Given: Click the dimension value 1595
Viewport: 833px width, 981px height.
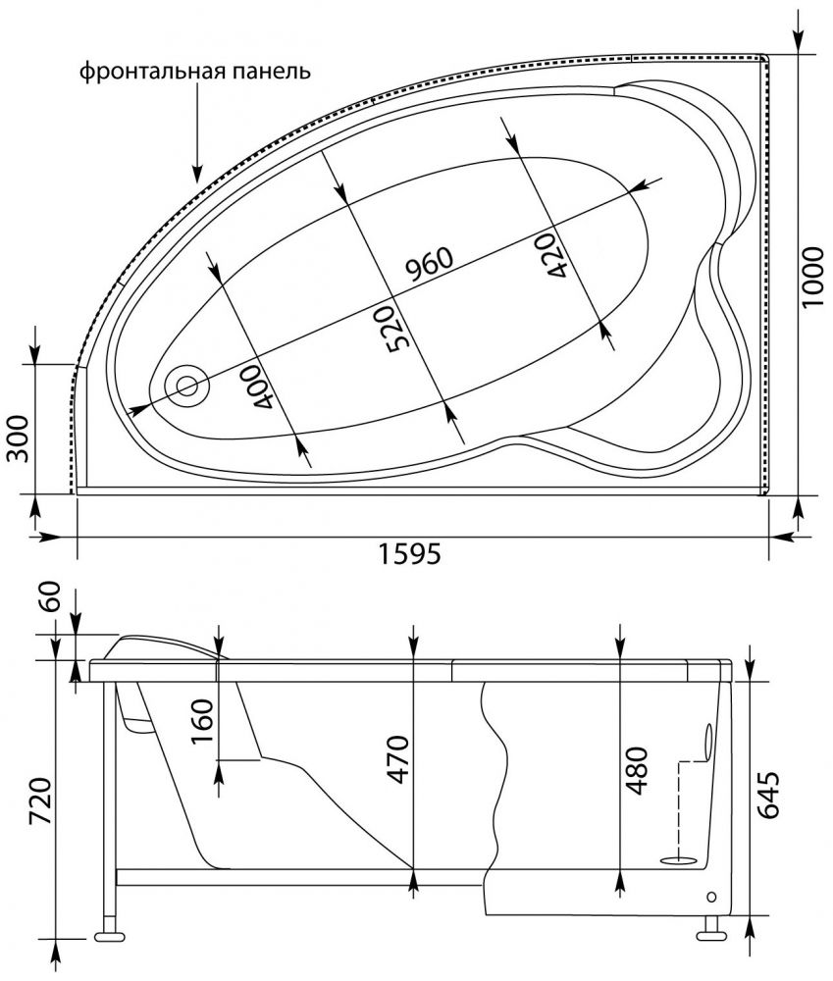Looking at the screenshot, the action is pyautogui.click(x=410, y=553).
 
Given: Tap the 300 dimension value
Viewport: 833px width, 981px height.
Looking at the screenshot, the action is pyautogui.click(x=19, y=438).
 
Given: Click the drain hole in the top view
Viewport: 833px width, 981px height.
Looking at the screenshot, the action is pyautogui.click(x=186, y=386).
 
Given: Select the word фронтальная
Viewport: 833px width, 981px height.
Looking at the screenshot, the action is pyautogui.click(x=152, y=71).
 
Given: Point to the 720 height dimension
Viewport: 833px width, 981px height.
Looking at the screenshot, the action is pyautogui.click(x=41, y=803).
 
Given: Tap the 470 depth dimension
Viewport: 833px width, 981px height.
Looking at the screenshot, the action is pyautogui.click(x=398, y=759).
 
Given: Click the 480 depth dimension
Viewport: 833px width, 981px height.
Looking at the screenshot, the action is pyautogui.click(x=636, y=770).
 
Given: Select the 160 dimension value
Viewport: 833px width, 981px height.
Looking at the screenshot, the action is pyautogui.click(x=202, y=721).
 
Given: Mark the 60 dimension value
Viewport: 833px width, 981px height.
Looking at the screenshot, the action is pyautogui.click(x=50, y=595).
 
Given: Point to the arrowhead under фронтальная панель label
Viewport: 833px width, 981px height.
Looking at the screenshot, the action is pyautogui.click(x=196, y=174).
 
